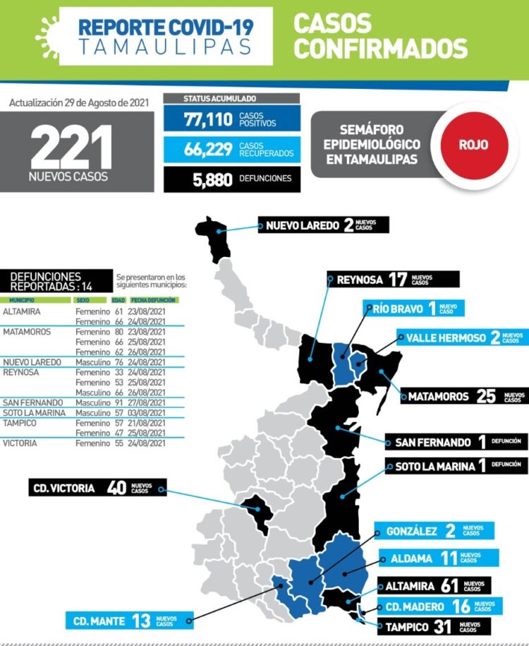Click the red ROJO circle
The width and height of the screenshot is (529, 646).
tap(473, 145)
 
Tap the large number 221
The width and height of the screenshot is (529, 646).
tap(71, 148)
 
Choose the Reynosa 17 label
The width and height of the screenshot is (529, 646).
tap(392, 280)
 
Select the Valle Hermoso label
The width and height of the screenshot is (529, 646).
tap(461, 337)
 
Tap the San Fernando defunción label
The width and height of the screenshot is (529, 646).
tap(456, 443)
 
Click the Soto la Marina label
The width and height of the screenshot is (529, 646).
tap(456, 466)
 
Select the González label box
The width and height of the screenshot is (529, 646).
tap(436, 530)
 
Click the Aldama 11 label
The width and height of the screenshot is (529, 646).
tap(438, 558)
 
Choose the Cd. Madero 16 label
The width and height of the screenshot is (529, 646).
tap(439, 606)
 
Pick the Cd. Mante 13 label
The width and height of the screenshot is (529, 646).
tap(130, 621)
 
